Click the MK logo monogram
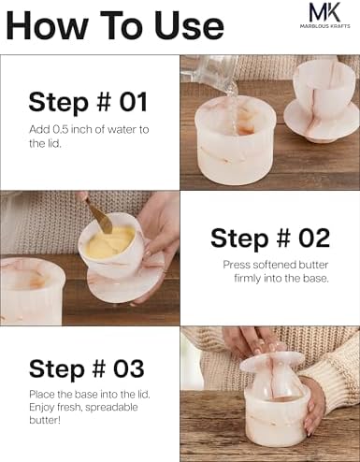(x=324, y=11)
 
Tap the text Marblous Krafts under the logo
(x=324, y=26)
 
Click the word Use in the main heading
(x=189, y=25)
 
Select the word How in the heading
(x=47, y=25)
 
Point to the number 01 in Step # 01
(x=134, y=102)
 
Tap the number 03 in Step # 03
(x=129, y=368)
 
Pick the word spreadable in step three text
(x=111, y=407)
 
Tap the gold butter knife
(x=97, y=216)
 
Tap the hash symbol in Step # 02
(x=283, y=238)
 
